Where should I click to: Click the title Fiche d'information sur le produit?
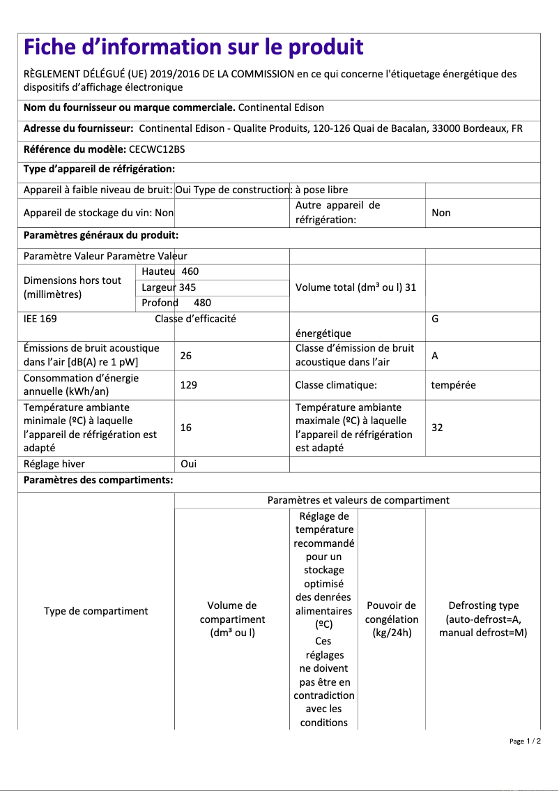click(x=193, y=47)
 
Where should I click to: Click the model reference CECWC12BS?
click(x=157, y=149)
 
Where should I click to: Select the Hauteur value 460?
click(x=190, y=271)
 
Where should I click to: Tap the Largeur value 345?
click(x=187, y=287)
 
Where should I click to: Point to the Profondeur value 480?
click(x=202, y=303)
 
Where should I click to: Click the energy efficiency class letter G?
click(x=435, y=319)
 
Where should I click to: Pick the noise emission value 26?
click(x=185, y=356)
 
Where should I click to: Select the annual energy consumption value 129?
click(x=188, y=385)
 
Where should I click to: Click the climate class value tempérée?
click(x=453, y=385)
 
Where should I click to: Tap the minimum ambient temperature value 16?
click(x=185, y=428)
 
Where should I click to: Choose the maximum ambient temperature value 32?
click(x=437, y=428)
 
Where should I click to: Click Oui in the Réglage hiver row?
click(x=188, y=464)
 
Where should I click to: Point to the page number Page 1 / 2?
click(x=525, y=741)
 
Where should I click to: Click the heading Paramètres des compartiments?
click(x=98, y=481)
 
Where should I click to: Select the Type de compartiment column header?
click(x=96, y=611)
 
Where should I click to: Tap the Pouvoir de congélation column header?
click(x=392, y=619)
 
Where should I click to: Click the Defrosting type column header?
click(x=483, y=619)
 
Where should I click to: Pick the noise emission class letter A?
click(x=435, y=356)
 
